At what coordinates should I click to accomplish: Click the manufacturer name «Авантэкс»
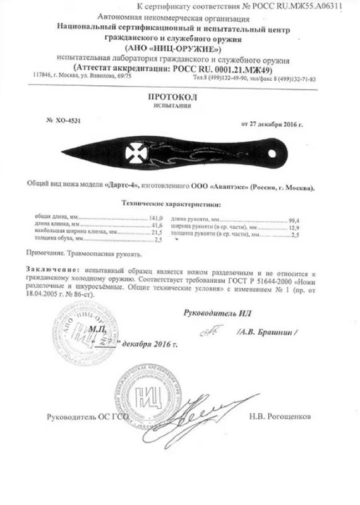point(224,188)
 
